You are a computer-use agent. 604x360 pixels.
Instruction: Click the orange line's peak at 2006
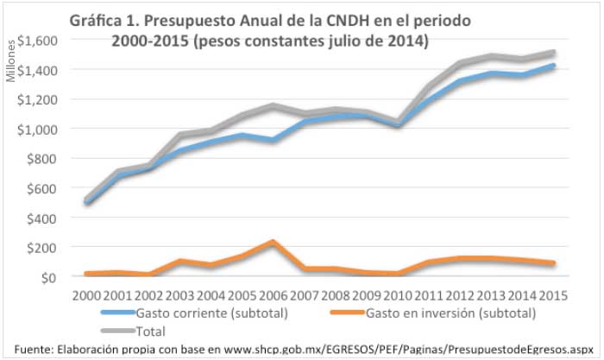[x=199, y=243]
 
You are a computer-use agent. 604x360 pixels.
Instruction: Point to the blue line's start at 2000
[x=87, y=203]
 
